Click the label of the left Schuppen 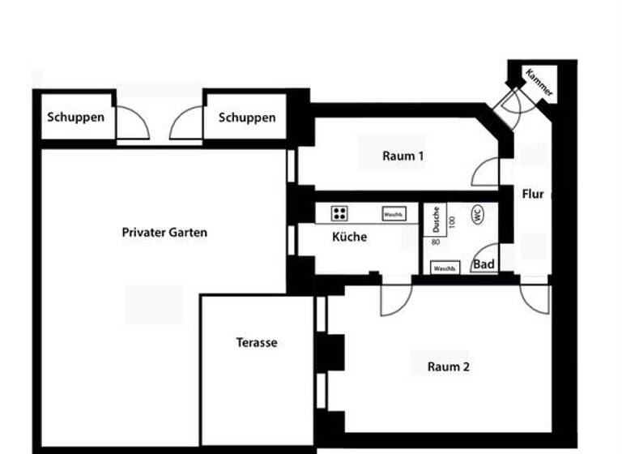[75, 117]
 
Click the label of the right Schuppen [246, 118]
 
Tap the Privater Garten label [164, 233]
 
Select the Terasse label [257, 342]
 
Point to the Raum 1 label [403, 156]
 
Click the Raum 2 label [448, 366]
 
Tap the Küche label [349, 238]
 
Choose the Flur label [532, 195]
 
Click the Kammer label [539, 83]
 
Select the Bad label [484, 264]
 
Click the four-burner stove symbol [339, 213]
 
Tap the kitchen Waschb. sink [394, 214]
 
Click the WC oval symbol [477, 215]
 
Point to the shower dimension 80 [435, 242]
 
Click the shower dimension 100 [452, 220]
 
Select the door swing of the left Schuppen [132, 125]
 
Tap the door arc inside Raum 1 [486, 173]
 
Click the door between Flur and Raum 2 [535, 297]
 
